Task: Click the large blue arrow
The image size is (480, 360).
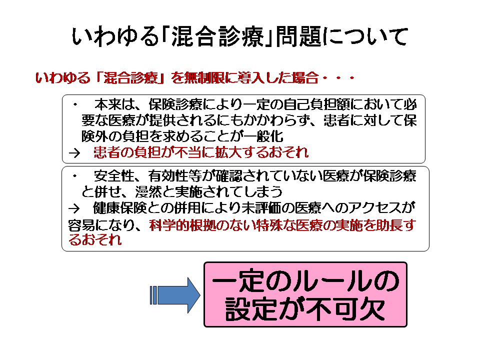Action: tap(175, 295)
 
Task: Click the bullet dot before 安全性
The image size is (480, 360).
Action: tap(75, 176)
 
